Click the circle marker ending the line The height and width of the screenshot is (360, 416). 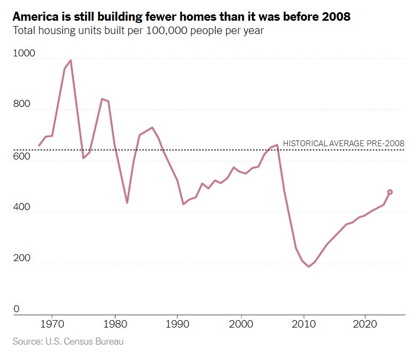coord(390,192)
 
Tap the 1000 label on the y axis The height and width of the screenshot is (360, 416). coord(23,54)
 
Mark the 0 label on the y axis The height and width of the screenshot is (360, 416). coord(16,309)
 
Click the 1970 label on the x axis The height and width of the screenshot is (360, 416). coord(52,324)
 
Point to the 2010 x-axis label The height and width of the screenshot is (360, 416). coord(304,324)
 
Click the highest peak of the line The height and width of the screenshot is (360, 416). coord(71,60)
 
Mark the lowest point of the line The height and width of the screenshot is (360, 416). coord(308,266)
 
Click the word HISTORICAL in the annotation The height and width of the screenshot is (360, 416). coord(305,144)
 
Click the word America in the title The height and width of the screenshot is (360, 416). coord(34,16)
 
